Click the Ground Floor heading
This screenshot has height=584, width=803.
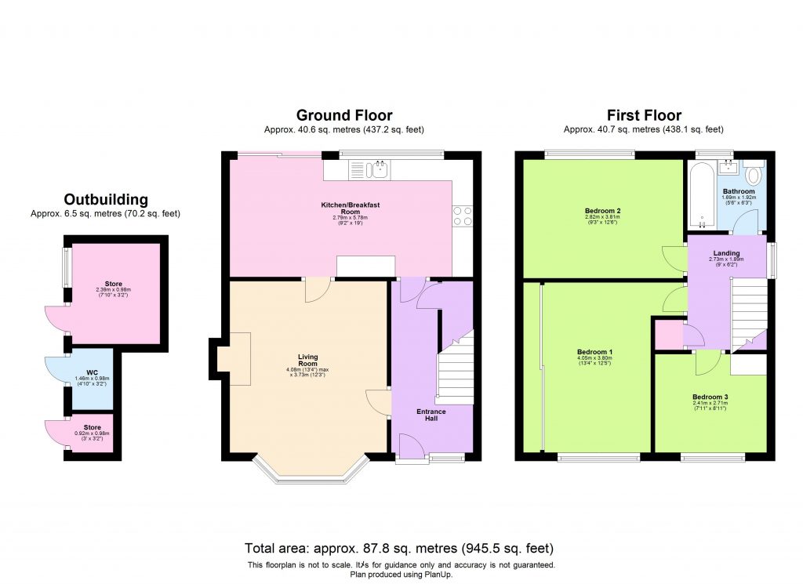[344, 116]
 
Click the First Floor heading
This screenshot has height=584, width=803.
[644, 116]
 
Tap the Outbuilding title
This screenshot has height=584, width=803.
[106, 200]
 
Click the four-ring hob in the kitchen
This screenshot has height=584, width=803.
[462, 215]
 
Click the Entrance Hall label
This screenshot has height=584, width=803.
[431, 415]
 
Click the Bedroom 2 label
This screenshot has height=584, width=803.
[603, 211]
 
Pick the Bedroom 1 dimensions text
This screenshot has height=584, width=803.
[594, 361]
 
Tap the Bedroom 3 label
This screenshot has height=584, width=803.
[710, 397]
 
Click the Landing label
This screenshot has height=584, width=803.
[725, 252]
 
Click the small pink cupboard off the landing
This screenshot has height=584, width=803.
[667, 335]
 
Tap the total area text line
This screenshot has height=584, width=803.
[400, 548]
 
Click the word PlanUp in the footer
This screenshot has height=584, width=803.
[438, 574]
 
